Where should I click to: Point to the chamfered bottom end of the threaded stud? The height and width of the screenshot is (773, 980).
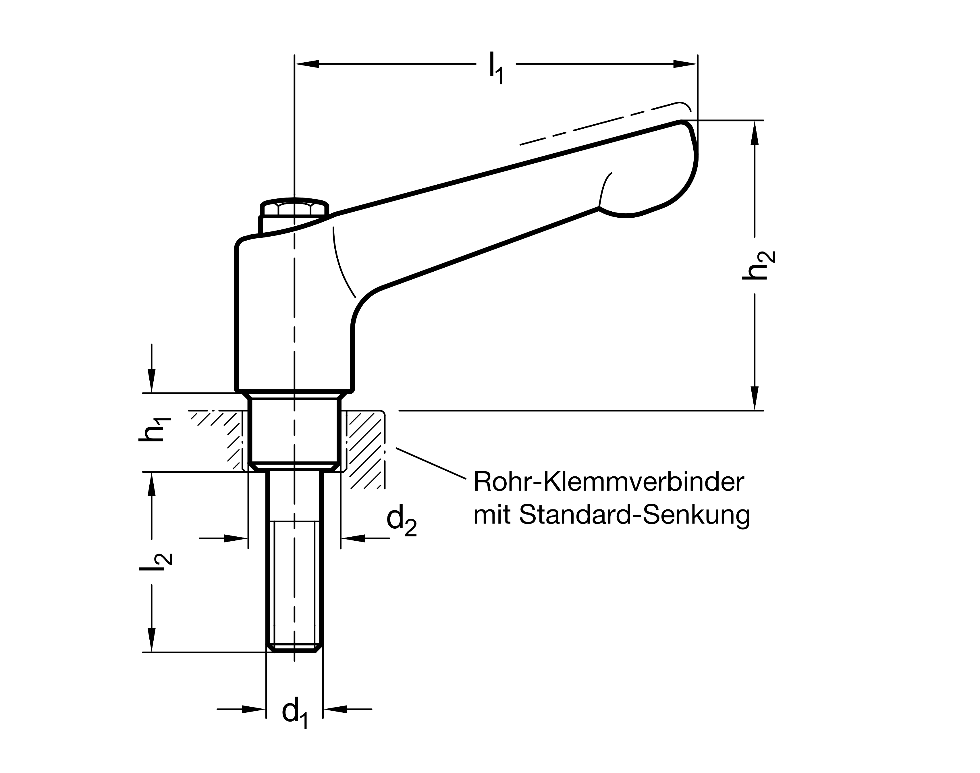pos(294,650)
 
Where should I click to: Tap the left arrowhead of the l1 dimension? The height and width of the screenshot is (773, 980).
pos(307,64)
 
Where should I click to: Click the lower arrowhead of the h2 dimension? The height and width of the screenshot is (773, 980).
pos(755,398)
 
